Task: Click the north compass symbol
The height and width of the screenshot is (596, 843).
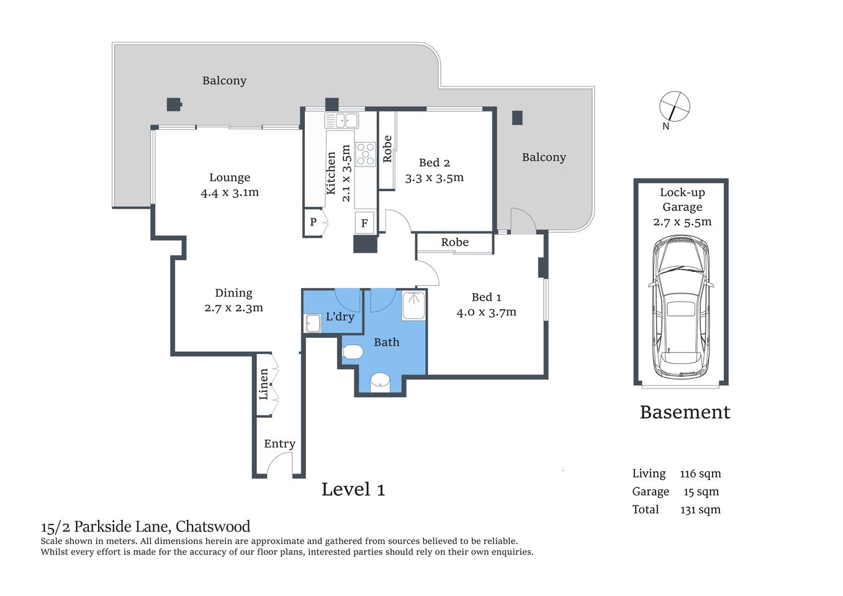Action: click(674, 106)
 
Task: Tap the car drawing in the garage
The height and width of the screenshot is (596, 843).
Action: click(681, 307)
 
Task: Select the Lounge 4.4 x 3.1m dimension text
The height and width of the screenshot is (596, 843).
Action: click(230, 192)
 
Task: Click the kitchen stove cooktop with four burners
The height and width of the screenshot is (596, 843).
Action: click(366, 154)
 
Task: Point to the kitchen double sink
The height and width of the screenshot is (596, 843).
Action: click(341, 120)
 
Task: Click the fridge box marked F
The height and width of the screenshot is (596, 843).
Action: click(364, 223)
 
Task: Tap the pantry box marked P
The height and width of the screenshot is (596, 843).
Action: click(313, 222)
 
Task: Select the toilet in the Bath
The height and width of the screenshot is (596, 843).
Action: click(353, 353)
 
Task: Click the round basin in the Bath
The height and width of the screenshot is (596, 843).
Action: click(380, 381)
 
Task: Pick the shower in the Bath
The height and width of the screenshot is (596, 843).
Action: click(413, 305)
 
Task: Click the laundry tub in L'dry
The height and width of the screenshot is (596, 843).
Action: click(312, 323)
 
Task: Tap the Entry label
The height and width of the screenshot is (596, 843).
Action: click(279, 444)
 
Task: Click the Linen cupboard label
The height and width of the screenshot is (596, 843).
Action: click(264, 384)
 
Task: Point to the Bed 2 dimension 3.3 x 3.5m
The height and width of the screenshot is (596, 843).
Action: click(435, 178)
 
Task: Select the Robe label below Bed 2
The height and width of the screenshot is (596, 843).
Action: click(454, 242)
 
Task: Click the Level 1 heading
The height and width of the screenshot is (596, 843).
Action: click(353, 490)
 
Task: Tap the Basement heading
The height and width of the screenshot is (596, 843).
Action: click(685, 412)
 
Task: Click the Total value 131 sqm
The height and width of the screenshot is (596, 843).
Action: click(700, 510)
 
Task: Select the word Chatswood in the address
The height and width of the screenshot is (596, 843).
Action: click(213, 526)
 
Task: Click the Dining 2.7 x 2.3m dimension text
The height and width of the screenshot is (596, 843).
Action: click(233, 308)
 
